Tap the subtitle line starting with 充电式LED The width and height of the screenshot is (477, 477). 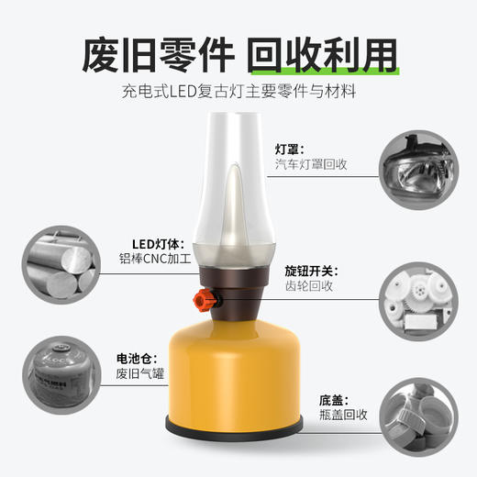[x=238, y=94]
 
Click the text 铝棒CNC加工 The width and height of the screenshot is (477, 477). [x=154, y=260]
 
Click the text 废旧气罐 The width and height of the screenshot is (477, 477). [x=139, y=373]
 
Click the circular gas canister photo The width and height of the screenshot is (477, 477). [x=58, y=376]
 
